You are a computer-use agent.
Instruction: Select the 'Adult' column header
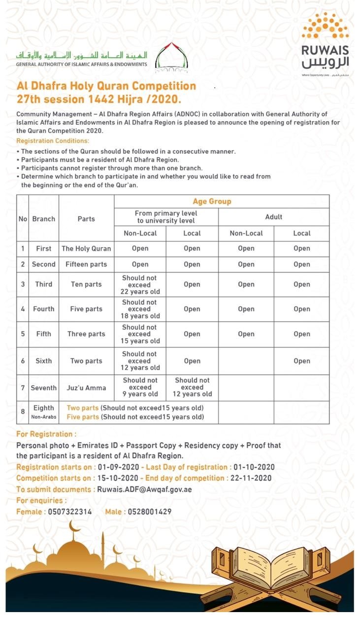(x=273, y=217)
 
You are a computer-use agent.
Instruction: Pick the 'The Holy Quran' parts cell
(x=86, y=248)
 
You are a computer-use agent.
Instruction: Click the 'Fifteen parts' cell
(x=86, y=264)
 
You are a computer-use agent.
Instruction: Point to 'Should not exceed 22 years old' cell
(x=140, y=284)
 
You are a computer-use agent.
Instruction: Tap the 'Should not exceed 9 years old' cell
(x=140, y=387)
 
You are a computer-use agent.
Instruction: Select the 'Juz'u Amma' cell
(x=86, y=388)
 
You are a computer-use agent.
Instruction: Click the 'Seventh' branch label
(x=44, y=388)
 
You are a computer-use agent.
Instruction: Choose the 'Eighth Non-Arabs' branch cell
(x=44, y=412)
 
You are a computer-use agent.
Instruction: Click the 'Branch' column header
(x=44, y=219)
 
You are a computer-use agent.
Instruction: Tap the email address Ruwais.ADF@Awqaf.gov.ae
(x=144, y=489)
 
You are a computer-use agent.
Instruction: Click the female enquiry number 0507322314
(x=70, y=512)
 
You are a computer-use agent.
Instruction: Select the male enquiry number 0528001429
(x=150, y=512)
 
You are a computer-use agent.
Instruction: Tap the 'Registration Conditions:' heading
(x=53, y=141)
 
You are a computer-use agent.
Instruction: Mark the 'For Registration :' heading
(x=46, y=434)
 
